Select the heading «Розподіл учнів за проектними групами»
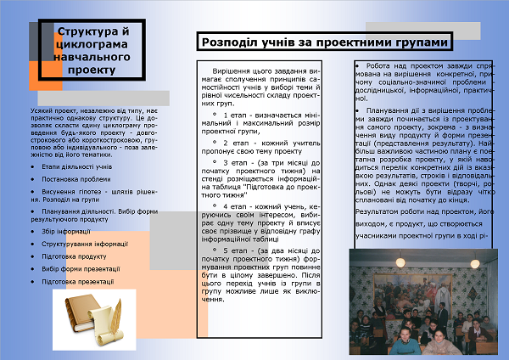[x=325, y=42]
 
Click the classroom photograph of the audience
[x=425, y=305]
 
